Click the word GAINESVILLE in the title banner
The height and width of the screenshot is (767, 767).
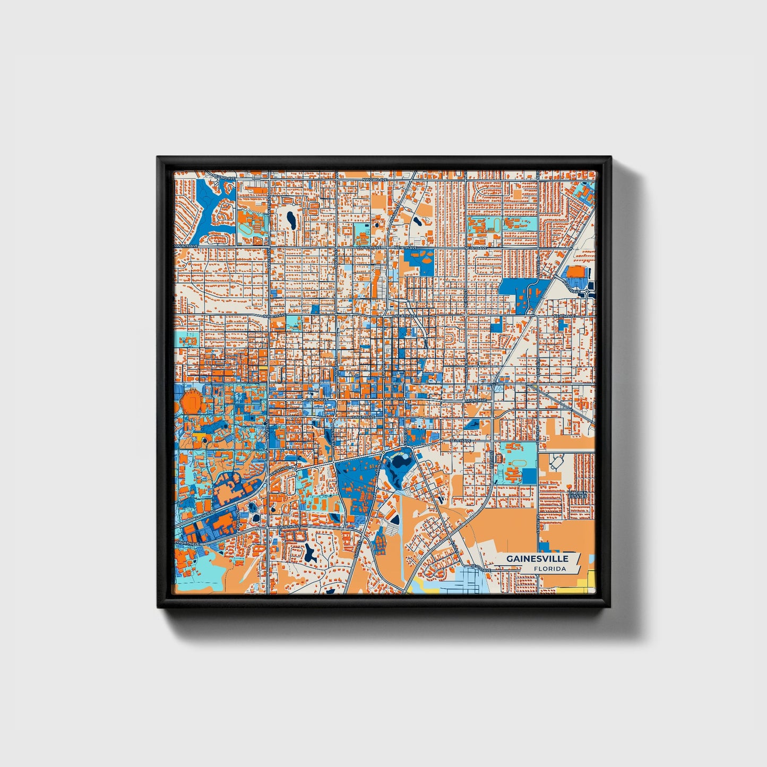(537, 558)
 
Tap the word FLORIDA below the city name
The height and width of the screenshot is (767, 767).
(550, 569)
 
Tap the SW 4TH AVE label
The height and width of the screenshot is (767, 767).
(364, 418)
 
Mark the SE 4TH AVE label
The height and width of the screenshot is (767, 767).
(460, 441)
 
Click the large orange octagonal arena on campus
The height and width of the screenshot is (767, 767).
(190, 402)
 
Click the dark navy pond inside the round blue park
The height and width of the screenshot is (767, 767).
(395, 467)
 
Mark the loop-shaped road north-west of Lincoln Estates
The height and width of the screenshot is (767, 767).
(555, 463)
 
